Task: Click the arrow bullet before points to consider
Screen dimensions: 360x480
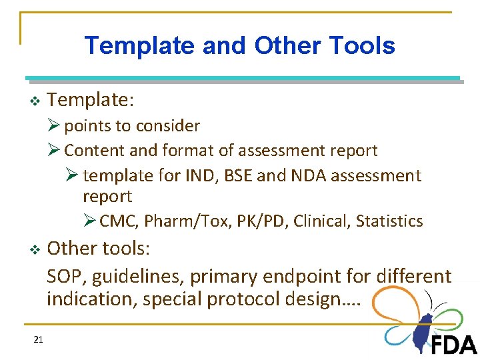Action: click(x=54, y=126)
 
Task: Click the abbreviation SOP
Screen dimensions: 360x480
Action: click(x=63, y=275)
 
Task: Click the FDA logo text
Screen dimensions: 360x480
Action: click(x=454, y=344)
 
